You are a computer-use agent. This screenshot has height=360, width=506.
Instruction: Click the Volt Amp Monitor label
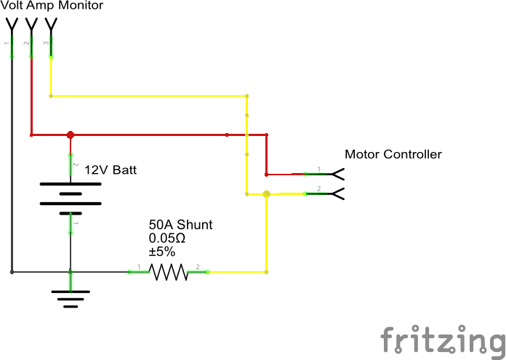(x=52, y=6)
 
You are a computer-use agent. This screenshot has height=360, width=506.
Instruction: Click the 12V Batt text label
(x=111, y=170)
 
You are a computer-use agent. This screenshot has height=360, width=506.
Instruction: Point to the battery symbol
(x=71, y=193)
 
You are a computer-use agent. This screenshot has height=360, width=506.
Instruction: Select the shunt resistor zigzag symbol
(x=169, y=273)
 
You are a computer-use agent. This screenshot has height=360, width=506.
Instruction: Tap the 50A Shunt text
(x=180, y=225)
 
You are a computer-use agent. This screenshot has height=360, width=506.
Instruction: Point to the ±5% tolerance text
(x=162, y=251)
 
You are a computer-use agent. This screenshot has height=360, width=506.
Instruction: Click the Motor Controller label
(x=393, y=154)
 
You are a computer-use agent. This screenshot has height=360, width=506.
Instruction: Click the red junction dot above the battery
(x=71, y=135)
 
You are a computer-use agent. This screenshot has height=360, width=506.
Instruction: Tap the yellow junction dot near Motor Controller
(x=266, y=194)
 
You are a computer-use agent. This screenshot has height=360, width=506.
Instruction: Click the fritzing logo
(x=442, y=340)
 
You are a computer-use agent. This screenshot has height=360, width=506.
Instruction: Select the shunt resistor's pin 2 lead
(x=198, y=273)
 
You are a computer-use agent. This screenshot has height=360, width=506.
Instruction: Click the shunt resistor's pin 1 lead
(x=139, y=273)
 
